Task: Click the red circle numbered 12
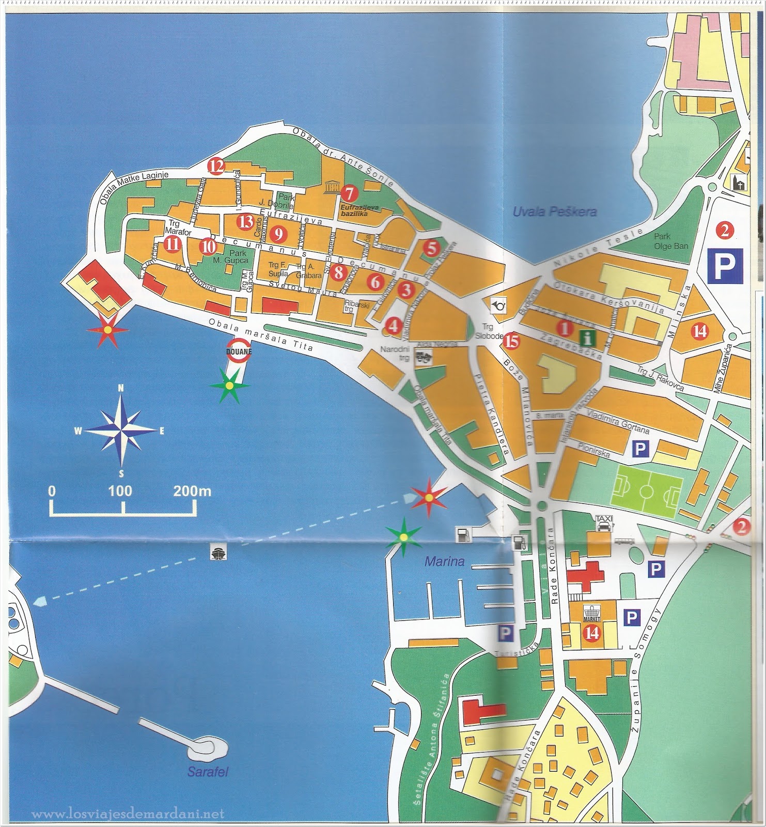point(216,166)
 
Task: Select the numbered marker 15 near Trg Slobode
point(511,340)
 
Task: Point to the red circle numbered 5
point(431,248)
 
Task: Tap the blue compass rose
point(121,430)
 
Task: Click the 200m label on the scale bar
point(192,491)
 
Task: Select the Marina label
point(444,561)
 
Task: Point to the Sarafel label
point(208,772)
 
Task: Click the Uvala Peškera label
point(554,211)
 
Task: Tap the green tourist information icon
point(587,339)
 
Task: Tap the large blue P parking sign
point(725,266)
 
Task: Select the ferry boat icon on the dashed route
point(217,553)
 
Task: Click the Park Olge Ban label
point(670,241)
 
